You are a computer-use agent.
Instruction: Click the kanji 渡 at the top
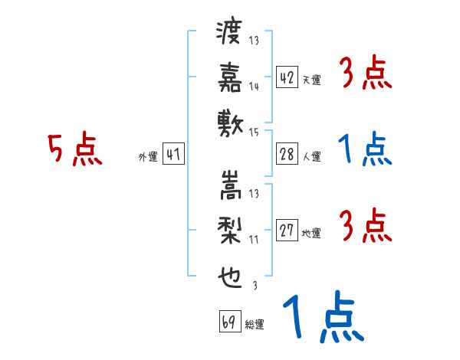(230, 34)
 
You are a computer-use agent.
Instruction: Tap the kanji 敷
(230, 121)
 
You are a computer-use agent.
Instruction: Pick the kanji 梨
(230, 229)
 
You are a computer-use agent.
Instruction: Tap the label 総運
(255, 325)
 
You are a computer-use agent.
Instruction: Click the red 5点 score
(75, 150)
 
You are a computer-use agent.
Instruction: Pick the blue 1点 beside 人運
(363, 150)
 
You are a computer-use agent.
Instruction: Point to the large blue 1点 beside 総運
(322, 319)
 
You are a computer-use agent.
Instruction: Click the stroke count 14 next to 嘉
(254, 87)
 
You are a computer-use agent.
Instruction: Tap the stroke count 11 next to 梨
(254, 239)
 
